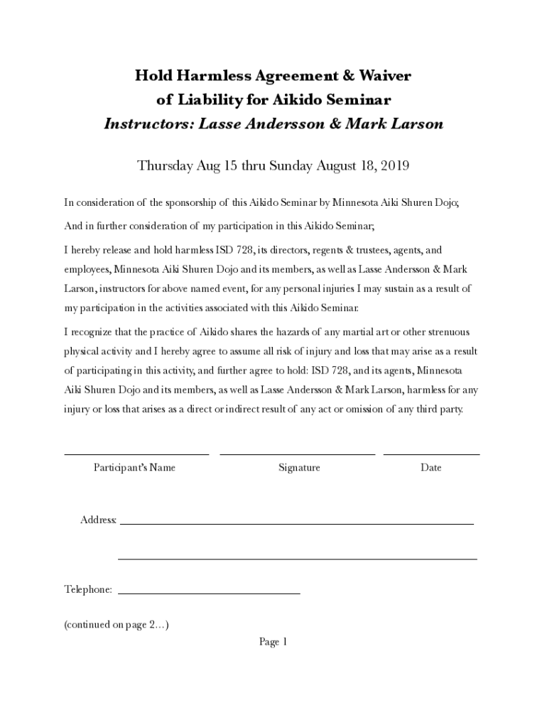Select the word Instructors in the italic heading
[148, 124]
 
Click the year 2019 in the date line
[396, 166]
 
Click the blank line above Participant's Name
[136, 454]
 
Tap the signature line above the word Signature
[297, 454]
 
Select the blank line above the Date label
[431, 454]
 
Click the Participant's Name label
[134, 468]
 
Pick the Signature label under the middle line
[299, 468]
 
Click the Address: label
[98, 520]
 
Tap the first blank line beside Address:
[296, 523]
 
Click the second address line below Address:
[297, 559]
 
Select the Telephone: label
[88, 590]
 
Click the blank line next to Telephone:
[209, 592]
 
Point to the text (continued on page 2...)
[116, 625]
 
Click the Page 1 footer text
[273, 643]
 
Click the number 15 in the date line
[231, 166]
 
